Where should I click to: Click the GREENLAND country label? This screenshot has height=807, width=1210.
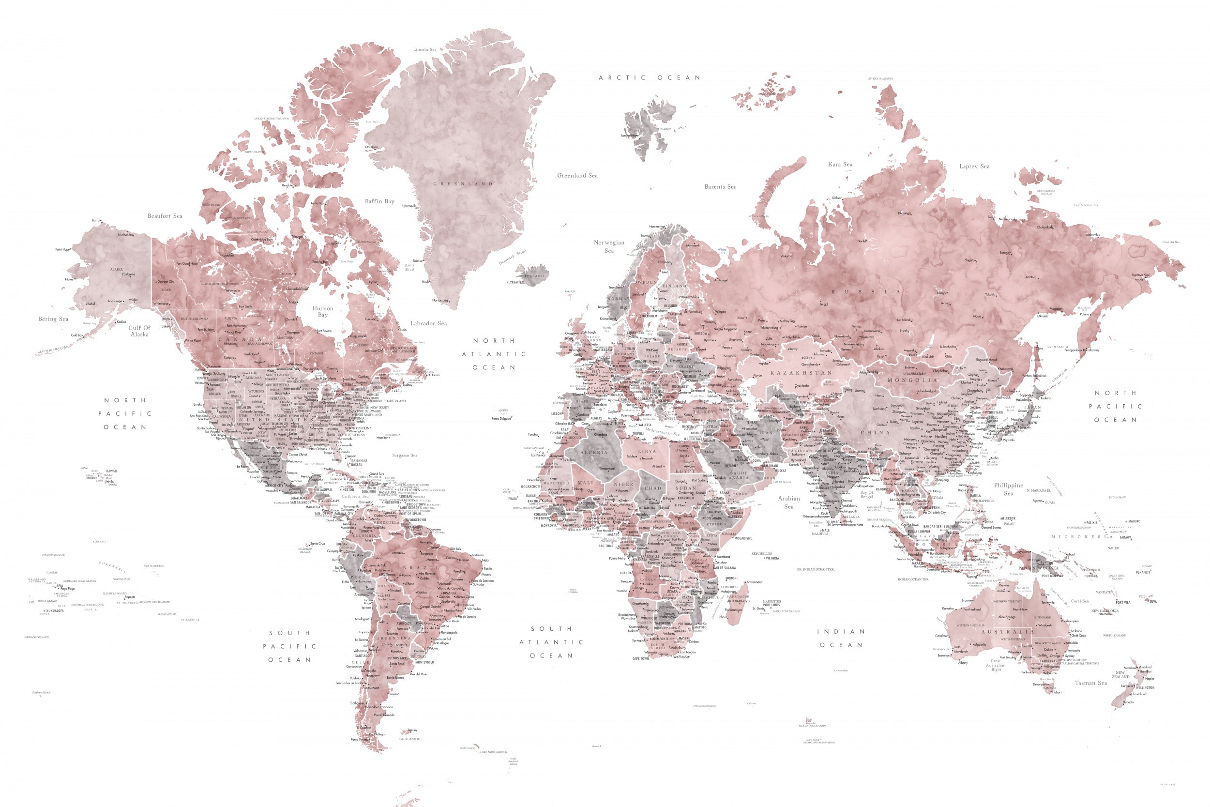click(463, 184)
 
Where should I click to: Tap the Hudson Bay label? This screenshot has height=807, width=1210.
click(322, 311)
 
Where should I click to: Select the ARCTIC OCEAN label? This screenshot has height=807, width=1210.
click(649, 78)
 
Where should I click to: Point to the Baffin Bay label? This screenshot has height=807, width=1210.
click(379, 201)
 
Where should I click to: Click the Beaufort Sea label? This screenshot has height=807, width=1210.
click(165, 215)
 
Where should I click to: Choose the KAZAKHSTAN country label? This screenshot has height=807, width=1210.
click(801, 373)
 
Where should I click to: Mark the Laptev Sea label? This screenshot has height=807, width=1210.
click(974, 166)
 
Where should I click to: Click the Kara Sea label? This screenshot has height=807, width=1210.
click(840, 164)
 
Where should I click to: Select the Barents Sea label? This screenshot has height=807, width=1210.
click(720, 187)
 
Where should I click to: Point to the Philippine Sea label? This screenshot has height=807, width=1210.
click(1008, 489)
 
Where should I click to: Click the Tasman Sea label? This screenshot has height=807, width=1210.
click(1090, 683)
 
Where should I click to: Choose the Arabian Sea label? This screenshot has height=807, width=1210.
click(788, 502)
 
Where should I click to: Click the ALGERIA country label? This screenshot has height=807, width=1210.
click(594, 452)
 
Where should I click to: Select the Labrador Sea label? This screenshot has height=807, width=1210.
click(428, 323)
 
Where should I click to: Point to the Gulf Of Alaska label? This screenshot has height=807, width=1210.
click(139, 331)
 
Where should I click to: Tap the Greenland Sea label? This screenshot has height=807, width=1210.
click(577, 176)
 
